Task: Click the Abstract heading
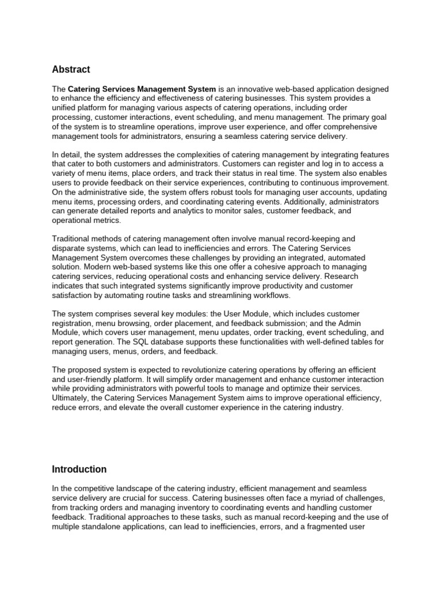(71, 70)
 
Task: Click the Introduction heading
(79, 470)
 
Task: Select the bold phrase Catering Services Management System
(142, 89)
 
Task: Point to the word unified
(65, 108)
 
